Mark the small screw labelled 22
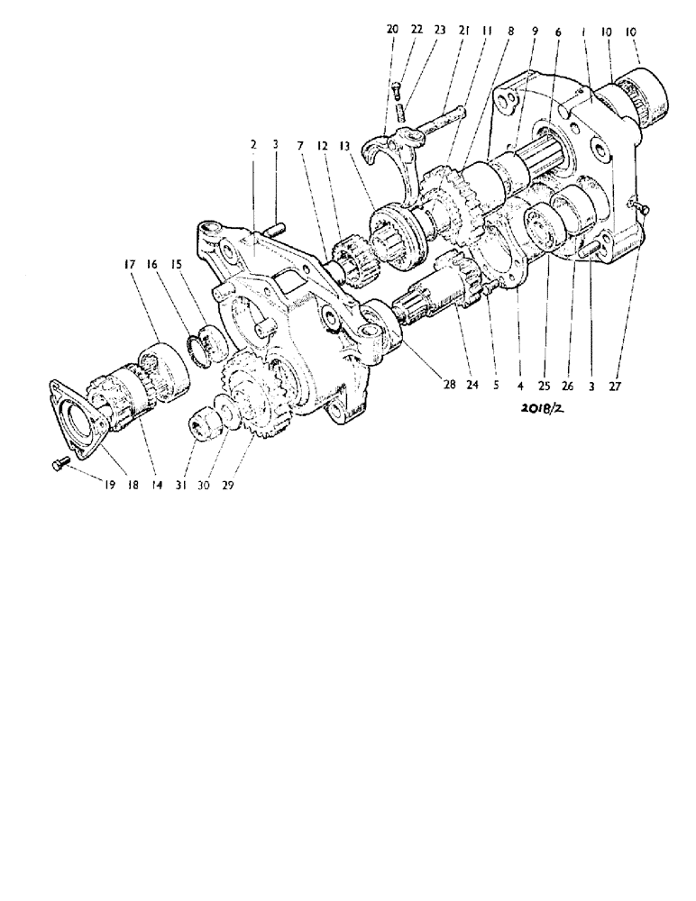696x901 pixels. (398, 88)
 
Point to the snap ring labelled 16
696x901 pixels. (205, 346)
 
